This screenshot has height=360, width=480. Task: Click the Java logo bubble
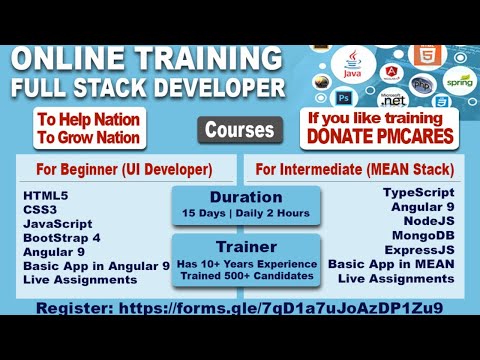point(351,66)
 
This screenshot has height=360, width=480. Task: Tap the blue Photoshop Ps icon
point(344,99)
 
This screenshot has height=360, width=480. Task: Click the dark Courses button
point(240,130)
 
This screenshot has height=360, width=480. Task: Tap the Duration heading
point(245,196)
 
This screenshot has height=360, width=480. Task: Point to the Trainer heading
point(245,245)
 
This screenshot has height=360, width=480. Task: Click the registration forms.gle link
point(280,308)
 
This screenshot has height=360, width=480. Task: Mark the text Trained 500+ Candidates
point(245,275)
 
